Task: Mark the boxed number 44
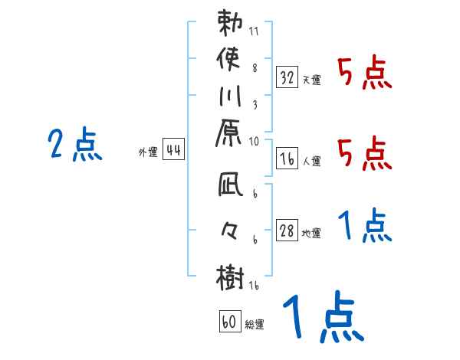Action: coord(173,150)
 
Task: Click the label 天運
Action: coord(312,80)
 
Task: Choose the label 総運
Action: coord(255,325)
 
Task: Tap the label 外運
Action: coord(148,152)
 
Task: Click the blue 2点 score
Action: coord(74,144)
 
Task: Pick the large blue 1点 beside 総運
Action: coord(322,319)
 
